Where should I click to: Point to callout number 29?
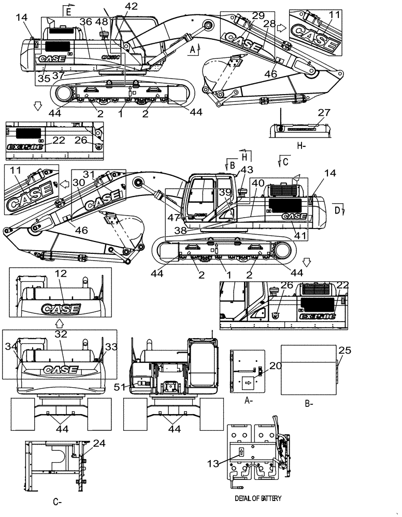click(243, 16)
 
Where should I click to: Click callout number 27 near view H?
click(324, 113)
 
